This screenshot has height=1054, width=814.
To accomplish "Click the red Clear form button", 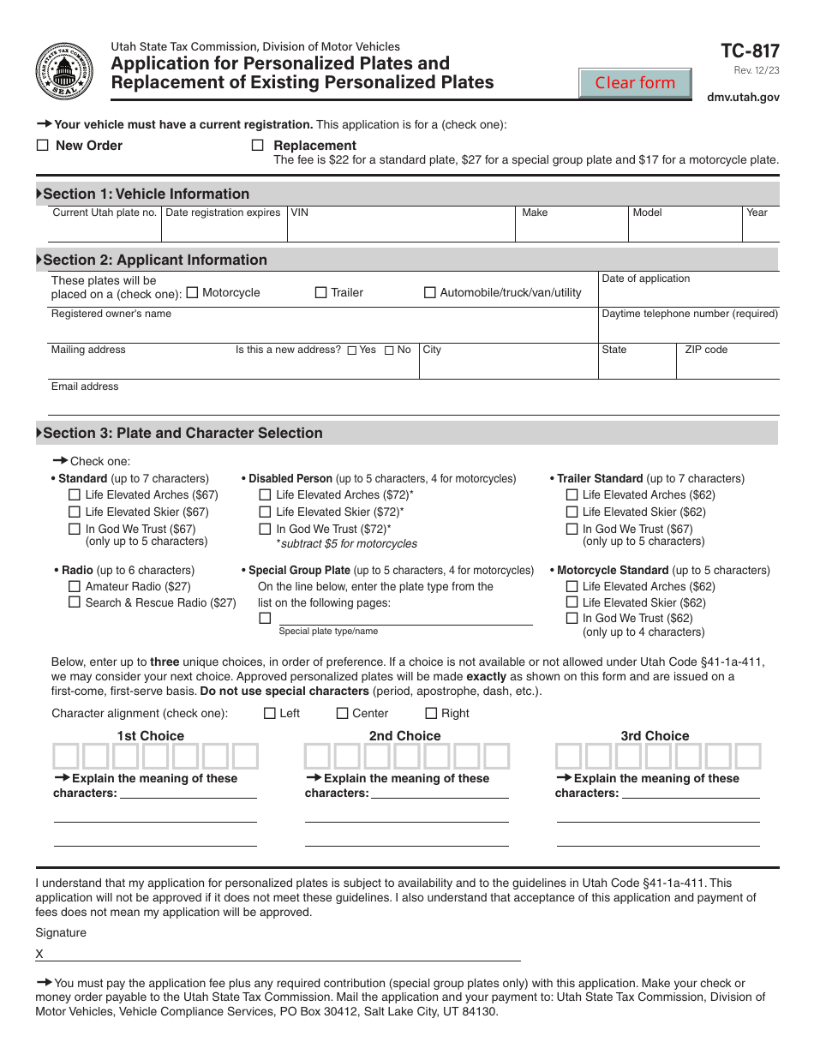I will click(635, 83).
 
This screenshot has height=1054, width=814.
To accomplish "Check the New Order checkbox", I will click(42, 146).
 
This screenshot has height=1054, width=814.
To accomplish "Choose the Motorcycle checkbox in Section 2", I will click(192, 292).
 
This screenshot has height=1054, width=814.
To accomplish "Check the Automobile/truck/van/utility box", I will click(430, 292).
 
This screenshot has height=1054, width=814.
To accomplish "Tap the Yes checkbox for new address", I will click(352, 350).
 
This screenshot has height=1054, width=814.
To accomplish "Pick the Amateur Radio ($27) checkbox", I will click(75, 587).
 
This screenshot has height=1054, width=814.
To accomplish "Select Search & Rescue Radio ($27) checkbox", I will click(75, 602).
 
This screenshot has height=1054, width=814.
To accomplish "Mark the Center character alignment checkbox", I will click(343, 713).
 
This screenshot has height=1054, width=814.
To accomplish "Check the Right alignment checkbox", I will click(432, 713).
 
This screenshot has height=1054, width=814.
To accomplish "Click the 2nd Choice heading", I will click(404, 736).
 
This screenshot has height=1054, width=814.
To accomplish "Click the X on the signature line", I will click(39, 954).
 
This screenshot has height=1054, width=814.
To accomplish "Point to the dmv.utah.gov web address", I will click(743, 98).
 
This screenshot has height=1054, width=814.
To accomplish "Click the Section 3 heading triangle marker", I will click(39, 434).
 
